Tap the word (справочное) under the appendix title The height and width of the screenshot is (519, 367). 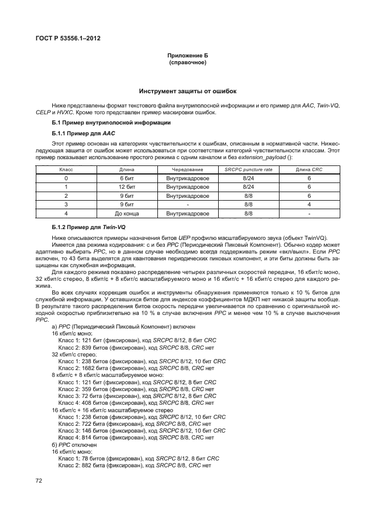(x=187, y=63)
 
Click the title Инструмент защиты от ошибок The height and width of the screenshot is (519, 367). (x=187, y=92)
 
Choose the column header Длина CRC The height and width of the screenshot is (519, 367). (x=308, y=170)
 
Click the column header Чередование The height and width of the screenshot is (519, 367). (x=187, y=170)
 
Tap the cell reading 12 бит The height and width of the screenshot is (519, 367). (x=126, y=186)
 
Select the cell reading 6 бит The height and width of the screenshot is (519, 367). (x=126, y=178)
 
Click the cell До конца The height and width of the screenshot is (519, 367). (x=126, y=214)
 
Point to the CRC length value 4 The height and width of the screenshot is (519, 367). (x=308, y=205)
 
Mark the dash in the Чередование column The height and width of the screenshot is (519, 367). (x=187, y=205)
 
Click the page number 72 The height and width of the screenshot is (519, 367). (x=40, y=480)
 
